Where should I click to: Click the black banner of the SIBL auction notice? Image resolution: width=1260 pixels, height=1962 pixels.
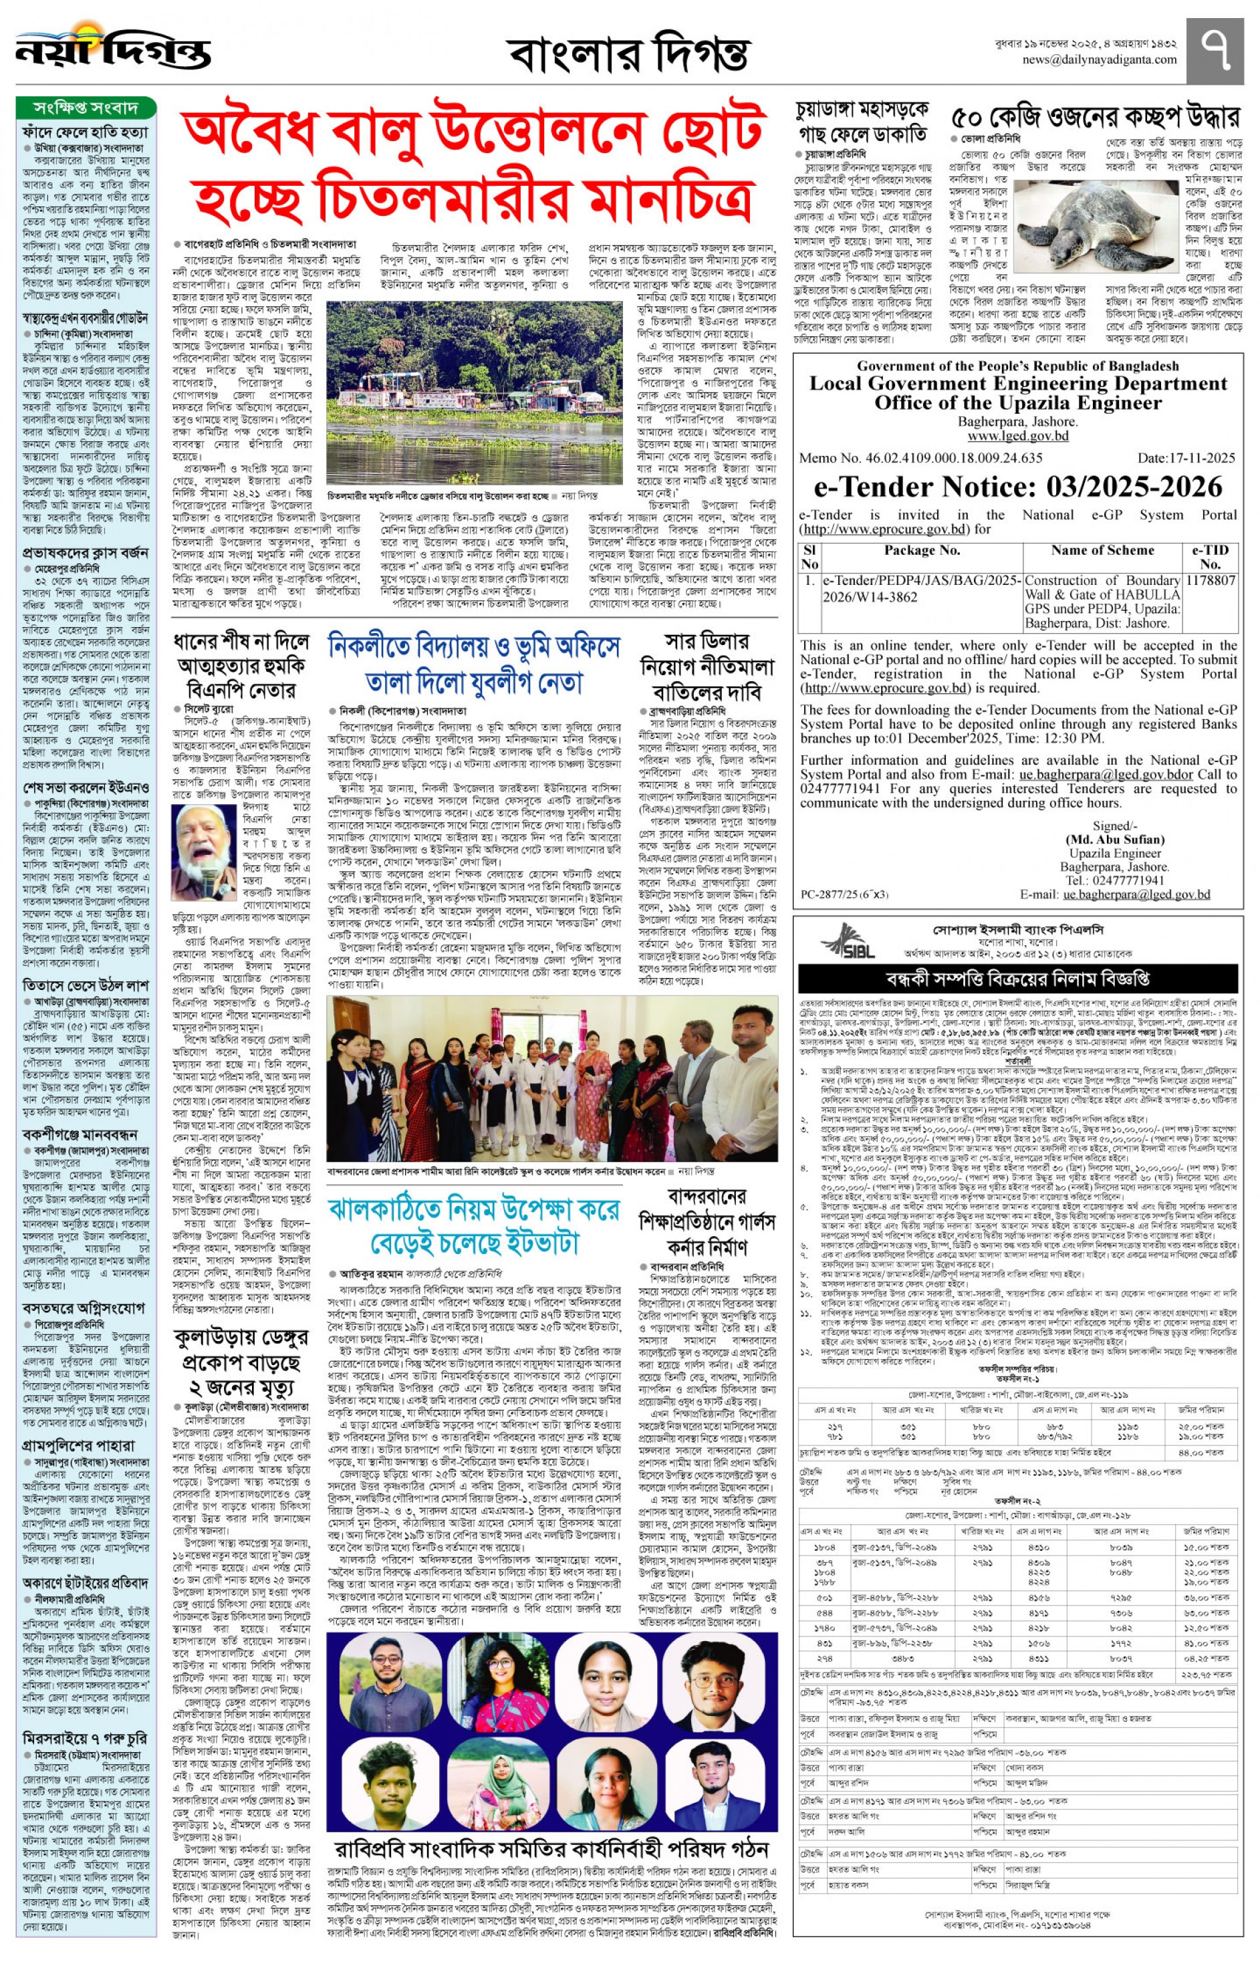click(x=1017, y=978)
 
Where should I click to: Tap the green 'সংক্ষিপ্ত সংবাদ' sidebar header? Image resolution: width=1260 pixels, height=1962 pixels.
click(x=86, y=108)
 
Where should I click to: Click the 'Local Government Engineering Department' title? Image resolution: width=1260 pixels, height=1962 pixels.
click(x=1018, y=384)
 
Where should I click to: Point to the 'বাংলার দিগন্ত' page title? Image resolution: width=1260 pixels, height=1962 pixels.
click(x=628, y=54)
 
